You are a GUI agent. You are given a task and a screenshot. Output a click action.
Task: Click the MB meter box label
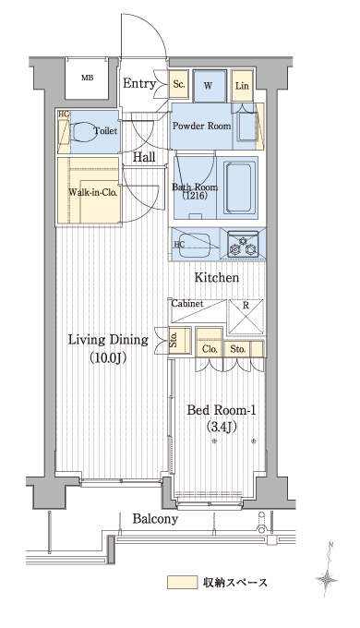(87, 78)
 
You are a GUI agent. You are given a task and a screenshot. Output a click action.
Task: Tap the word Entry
(139, 84)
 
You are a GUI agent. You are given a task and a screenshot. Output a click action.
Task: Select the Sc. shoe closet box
(179, 85)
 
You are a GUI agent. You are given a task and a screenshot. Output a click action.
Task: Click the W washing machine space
(209, 86)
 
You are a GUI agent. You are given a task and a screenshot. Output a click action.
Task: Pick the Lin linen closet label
(242, 86)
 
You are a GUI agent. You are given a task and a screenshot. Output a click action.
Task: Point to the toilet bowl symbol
(85, 131)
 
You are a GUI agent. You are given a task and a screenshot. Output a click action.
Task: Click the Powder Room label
(201, 126)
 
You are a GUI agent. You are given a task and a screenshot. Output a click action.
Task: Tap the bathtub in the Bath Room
(239, 187)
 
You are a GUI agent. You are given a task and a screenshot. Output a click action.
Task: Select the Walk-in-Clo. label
(93, 192)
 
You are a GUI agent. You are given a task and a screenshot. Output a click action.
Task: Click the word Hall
(144, 157)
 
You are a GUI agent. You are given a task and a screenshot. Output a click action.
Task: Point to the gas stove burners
(242, 245)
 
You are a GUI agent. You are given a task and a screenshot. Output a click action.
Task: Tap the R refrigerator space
(246, 317)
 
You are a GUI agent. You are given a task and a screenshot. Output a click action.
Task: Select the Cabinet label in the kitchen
(187, 304)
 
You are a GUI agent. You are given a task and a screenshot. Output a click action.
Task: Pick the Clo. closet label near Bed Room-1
(210, 349)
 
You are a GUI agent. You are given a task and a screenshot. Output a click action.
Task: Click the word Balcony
(155, 519)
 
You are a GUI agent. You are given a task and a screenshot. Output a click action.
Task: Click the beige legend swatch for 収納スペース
(182, 583)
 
